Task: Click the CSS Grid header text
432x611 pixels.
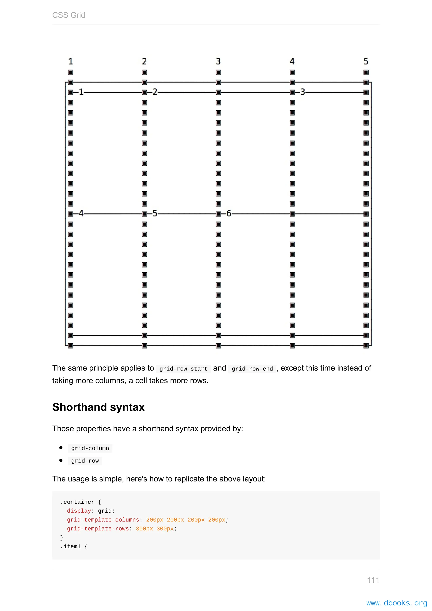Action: pyautogui.click(x=69, y=15)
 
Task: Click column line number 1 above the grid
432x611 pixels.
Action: pyautogui.click(x=70, y=61)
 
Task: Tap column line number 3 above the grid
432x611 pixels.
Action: pyautogui.click(x=218, y=61)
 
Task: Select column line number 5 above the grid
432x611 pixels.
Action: pyautogui.click(x=366, y=61)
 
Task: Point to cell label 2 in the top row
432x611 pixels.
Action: pyautogui.click(x=155, y=92)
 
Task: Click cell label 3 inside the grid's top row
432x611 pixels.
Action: pyautogui.click(x=302, y=92)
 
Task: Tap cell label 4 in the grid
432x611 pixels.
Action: pyautogui.click(x=81, y=214)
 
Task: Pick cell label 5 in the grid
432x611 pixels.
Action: pyautogui.click(x=155, y=214)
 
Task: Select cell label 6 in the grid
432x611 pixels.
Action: pyautogui.click(x=228, y=214)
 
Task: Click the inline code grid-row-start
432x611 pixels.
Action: pyautogui.click(x=183, y=369)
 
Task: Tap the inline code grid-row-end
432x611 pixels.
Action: pyautogui.click(x=252, y=369)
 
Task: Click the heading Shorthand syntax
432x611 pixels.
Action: pyautogui.click(x=99, y=407)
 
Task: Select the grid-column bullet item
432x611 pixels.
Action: pyautogui.click(x=90, y=448)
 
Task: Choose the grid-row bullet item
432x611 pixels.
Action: pyautogui.click(x=85, y=461)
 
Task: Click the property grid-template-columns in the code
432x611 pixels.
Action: pyautogui.click(x=103, y=520)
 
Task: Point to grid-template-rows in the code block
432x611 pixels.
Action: pyautogui.click(x=98, y=529)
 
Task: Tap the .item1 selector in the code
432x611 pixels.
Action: pyautogui.click(x=70, y=546)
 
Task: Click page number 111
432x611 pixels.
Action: pyautogui.click(x=373, y=580)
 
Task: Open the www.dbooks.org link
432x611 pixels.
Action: pyautogui.click(x=397, y=603)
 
